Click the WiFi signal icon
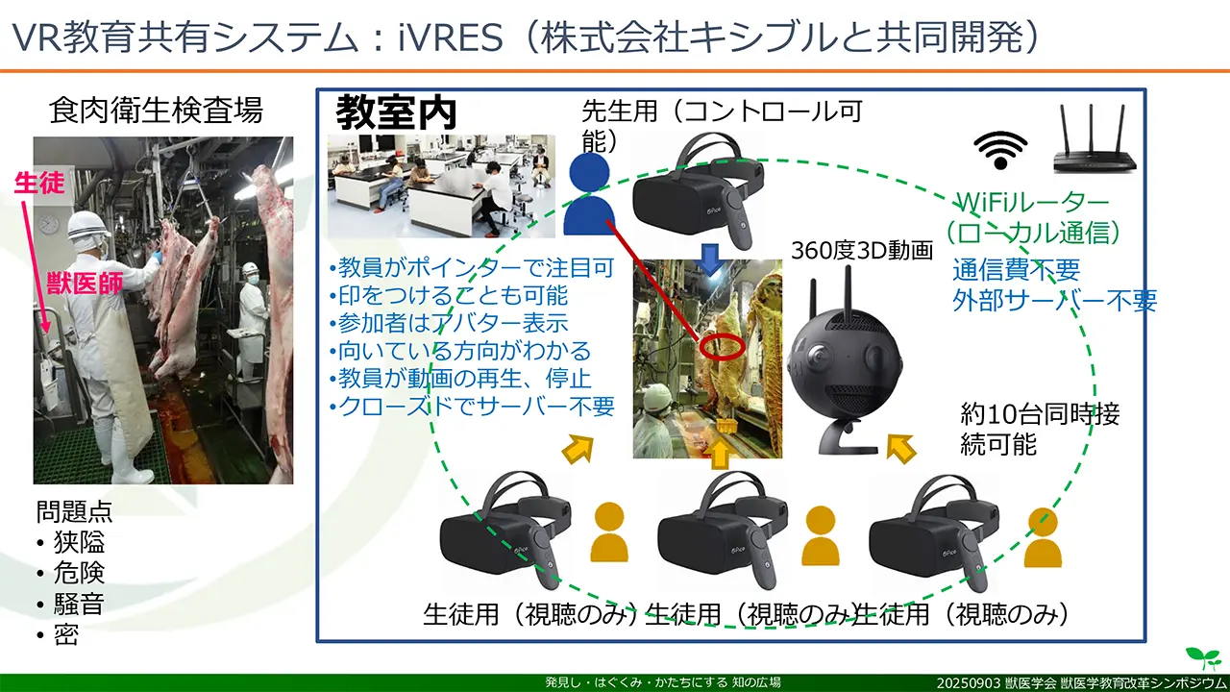click(1000, 148)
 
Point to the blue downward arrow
click(710, 259)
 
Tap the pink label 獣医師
click(84, 284)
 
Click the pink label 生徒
click(40, 183)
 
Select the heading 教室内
click(395, 113)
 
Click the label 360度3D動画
click(862, 251)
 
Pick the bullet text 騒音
click(79, 604)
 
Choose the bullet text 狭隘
click(79, 542)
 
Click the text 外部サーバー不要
click(1054, 300)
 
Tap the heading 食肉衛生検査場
click(156, 111)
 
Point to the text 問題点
click(75, 511)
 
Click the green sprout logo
click(1202, 657)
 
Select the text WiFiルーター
click(1032, 204)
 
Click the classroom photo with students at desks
click(441, 185)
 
